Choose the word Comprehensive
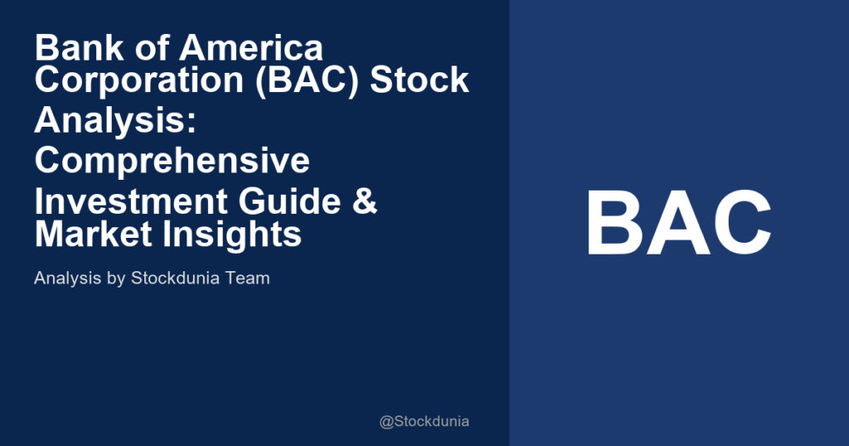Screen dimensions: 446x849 click(x=172, y=160)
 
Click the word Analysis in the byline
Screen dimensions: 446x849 click(x=65, y=279)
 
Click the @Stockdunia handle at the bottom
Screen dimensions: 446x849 click(x=424, y=421)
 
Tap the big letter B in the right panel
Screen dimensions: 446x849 click(x=614, y=224)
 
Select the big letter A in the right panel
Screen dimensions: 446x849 click(x=677, y=224)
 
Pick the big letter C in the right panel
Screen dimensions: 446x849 click(x=740, y=224)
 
